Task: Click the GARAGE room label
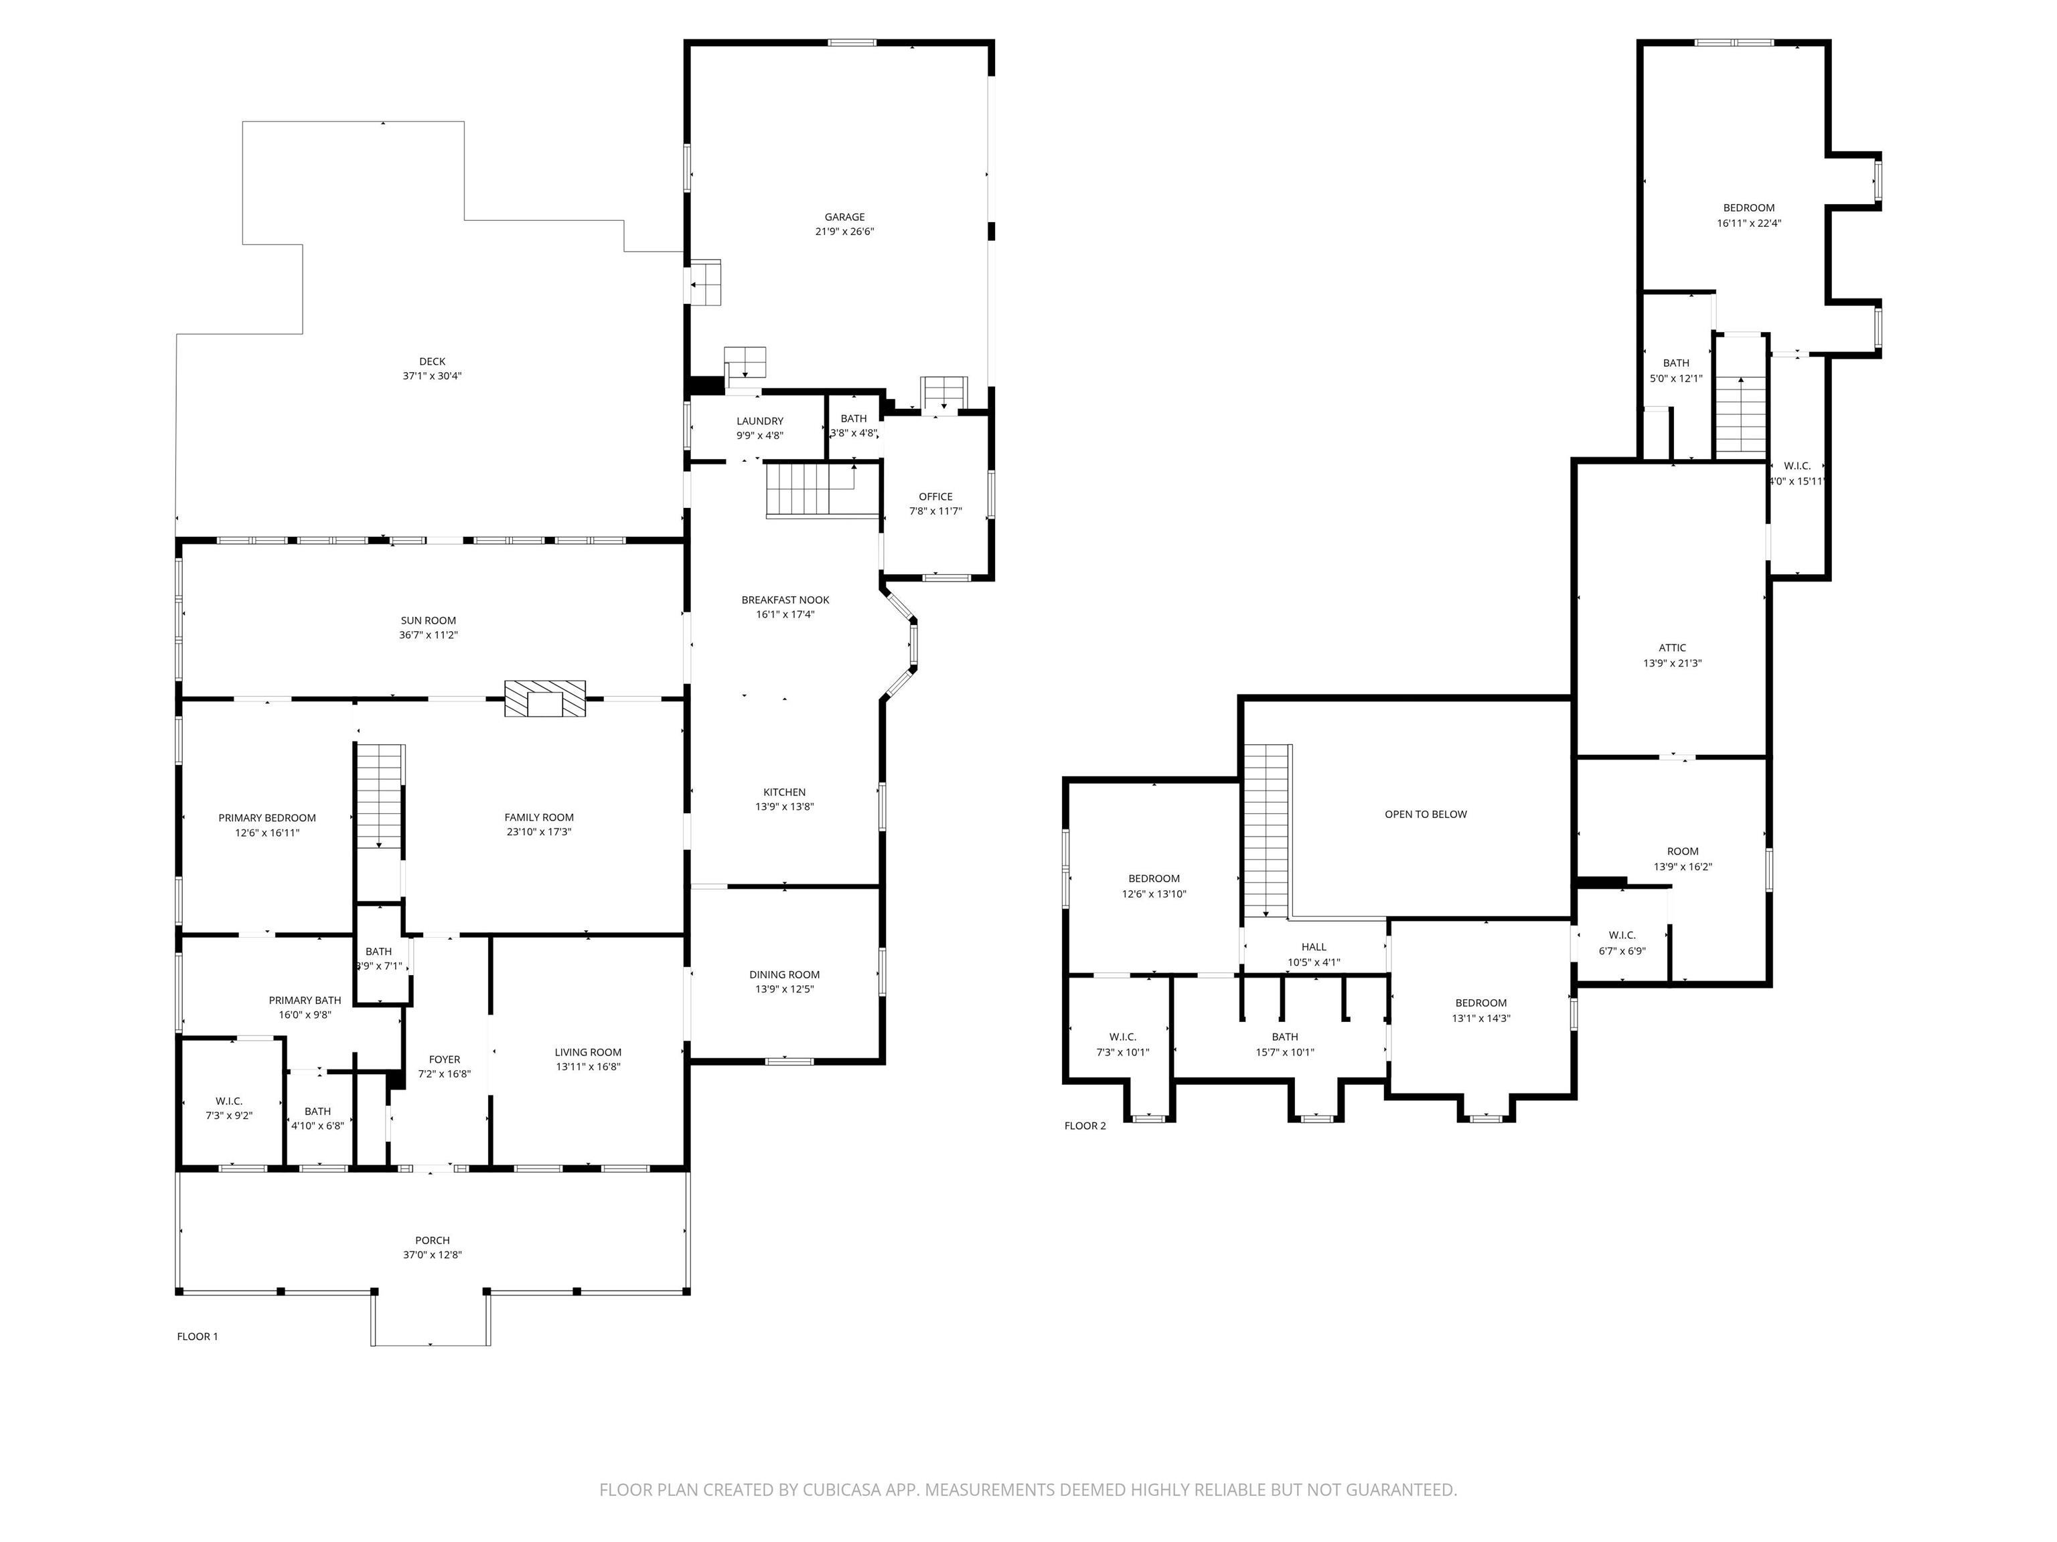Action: (844, 218)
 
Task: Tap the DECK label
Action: (433, 361)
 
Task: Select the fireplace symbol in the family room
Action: (545, 699)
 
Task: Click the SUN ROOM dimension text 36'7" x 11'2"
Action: (429, 636)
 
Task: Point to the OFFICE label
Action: (935, 497)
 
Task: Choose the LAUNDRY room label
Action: (760, 421)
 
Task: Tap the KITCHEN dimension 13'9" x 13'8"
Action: (785, 806)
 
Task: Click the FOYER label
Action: (445, 1059)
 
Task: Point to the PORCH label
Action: (433, 1240)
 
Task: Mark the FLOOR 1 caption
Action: (197, 1337)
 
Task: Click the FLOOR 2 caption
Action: (1085, 1126)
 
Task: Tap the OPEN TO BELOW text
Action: (1426, 815)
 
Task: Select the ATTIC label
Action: (1672, 648)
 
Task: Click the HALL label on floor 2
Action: (1314, 947)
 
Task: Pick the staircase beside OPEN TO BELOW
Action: (1268, 830)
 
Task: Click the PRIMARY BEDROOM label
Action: (267, 818)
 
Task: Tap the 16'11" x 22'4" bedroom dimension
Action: (1748, 223)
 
